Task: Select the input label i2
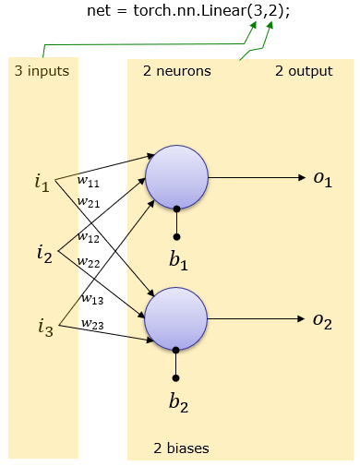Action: click(x=43, y=251)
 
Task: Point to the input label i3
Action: click(x=43, y=325)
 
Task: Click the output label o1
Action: click(x=322, y=178)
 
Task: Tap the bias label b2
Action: click(x=177, y=400)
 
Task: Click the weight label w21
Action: click(x=88, y=202)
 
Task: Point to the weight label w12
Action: click(x=89, y=236)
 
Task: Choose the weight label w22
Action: click(x=89, y=263)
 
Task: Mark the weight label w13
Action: click(x=91, y=298)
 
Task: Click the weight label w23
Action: click(x=91, y=323)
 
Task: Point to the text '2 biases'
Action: click(x=181, y=448)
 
